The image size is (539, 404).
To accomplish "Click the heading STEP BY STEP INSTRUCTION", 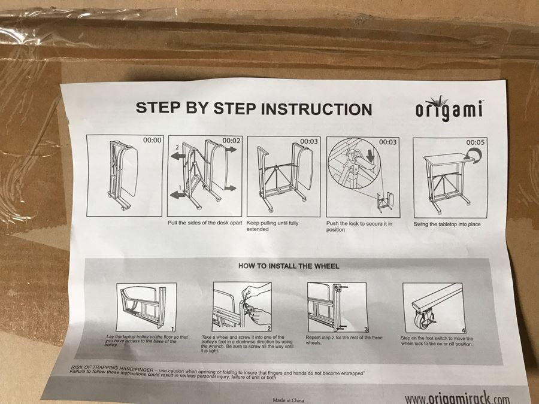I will point(253,109).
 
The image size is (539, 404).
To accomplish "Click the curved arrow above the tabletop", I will point(476,156).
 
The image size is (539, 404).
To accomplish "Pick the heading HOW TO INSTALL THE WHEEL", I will point(289,266).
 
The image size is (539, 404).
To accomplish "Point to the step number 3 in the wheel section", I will point(366,329).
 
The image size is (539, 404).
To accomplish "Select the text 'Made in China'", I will point(289,399).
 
